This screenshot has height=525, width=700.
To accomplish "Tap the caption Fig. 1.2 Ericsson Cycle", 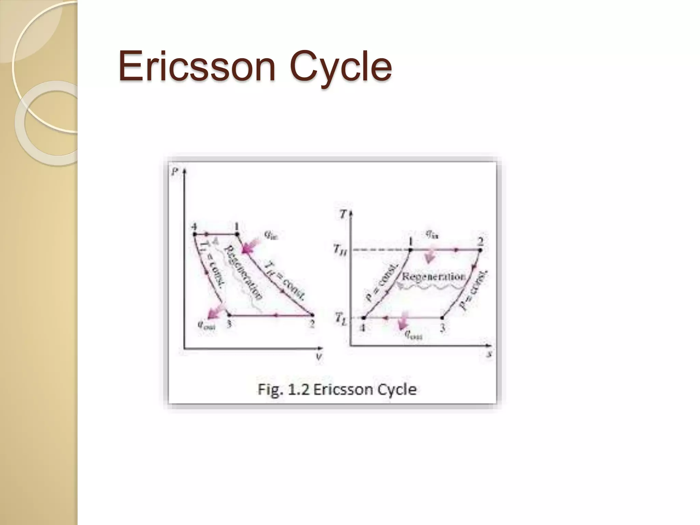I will pyautogui.click(x=337, y=389).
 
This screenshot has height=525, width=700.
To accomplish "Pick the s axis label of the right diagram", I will pyautogui.click(x=489, y=354).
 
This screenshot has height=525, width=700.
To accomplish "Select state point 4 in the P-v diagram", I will pyautogui.click(x=194, y=234).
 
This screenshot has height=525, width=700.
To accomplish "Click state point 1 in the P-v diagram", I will pyautogui.click(x=237, y=234).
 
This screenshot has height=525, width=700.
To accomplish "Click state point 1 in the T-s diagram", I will pyautogui.click(x=411, y=250).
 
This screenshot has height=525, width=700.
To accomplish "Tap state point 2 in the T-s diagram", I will pyautogui.click(x=480, y=250).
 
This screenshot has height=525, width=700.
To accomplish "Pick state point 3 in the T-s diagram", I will pyautogui.click(x=442, y=318).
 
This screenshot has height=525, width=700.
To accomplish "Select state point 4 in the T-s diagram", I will pyautogui.click(x=363, y=318).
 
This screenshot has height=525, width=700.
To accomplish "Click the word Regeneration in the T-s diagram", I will pyautogui.click(x=433, y=276).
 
